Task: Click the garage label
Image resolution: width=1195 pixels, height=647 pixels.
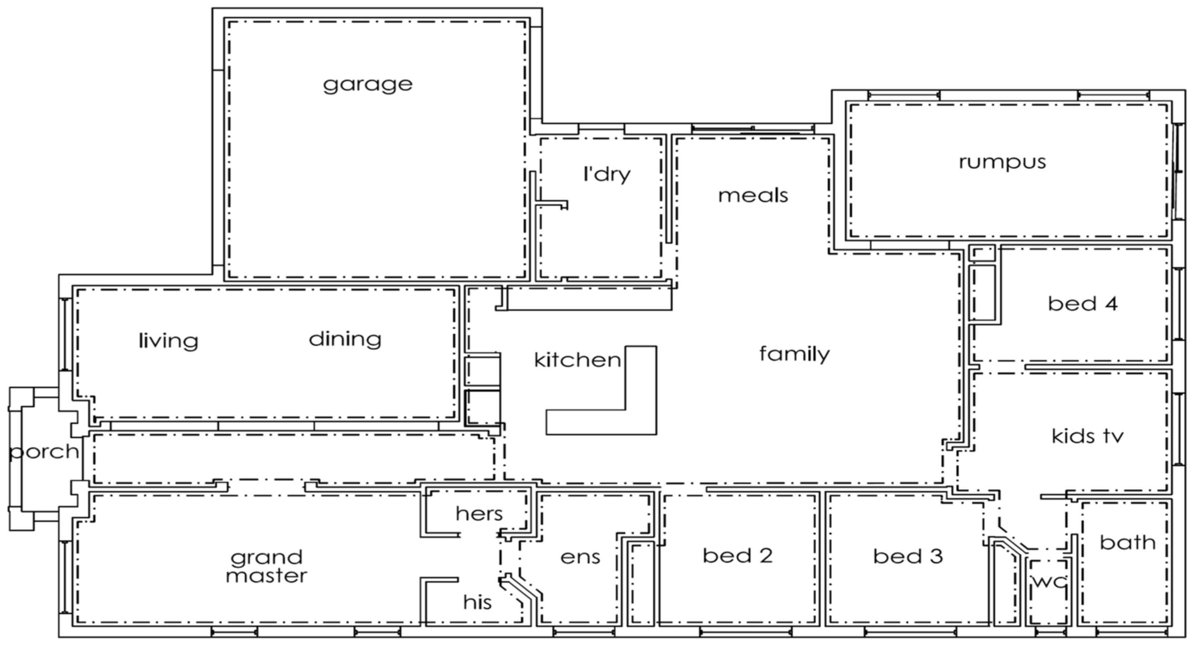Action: point(368,85)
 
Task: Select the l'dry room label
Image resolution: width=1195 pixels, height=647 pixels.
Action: point(607,174)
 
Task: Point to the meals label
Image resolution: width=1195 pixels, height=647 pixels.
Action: point(753,195)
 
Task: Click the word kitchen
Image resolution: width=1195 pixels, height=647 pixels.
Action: point(577,360)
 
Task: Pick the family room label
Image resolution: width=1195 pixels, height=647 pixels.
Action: point(794,354)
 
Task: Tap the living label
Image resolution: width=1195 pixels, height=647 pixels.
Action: point(168,341)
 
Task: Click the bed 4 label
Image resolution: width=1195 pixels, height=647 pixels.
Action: point(1083,304)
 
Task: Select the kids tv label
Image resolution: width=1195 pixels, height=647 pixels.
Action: point(1087,436)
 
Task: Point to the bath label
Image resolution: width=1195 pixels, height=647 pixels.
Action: point(1127,542)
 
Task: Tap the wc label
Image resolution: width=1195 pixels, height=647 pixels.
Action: point(1049,582)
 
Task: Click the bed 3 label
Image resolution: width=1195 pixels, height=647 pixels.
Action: point(908,556)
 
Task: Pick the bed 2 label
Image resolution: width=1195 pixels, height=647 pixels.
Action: point(738,555)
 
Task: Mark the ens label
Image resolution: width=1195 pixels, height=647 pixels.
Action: point(580,557)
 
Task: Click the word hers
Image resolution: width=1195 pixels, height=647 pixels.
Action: point(479,514)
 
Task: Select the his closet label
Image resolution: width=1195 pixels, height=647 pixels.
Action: point(477,602)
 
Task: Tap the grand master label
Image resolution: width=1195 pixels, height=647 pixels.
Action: point(267,566)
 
